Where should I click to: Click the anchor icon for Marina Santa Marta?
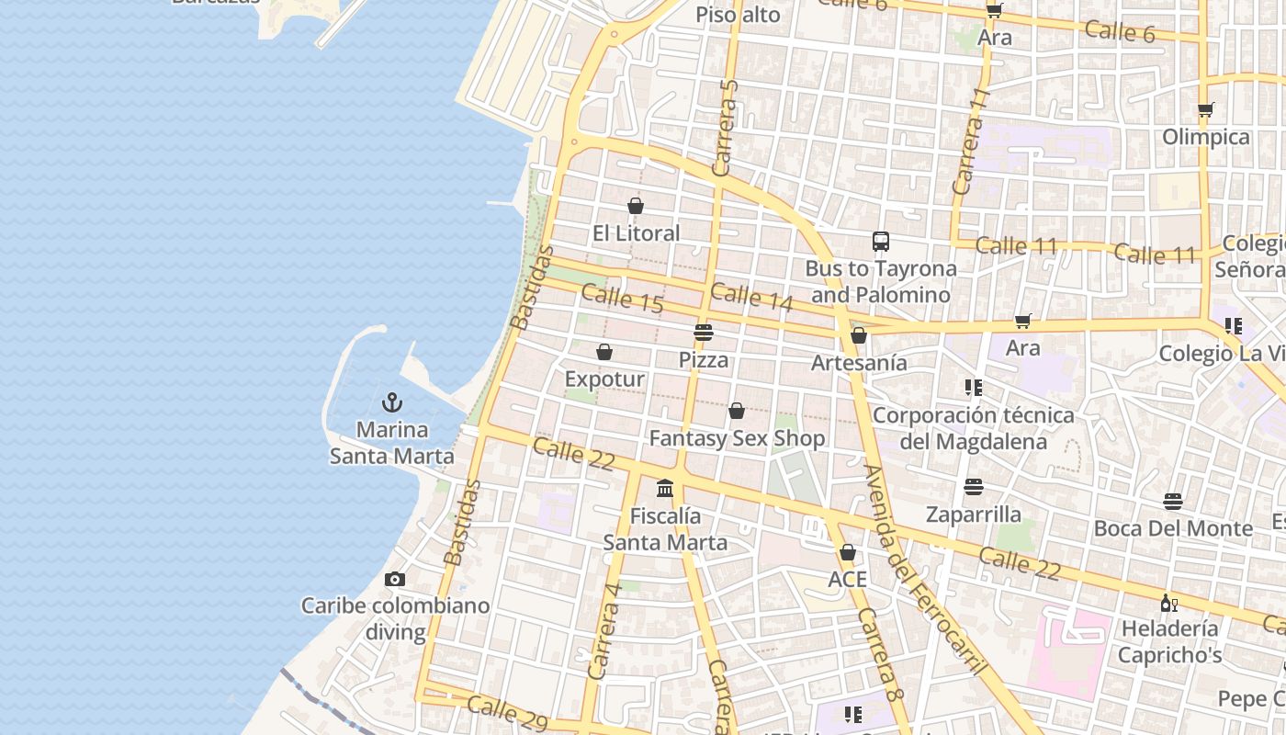pyautogui.click(x=392, y=402)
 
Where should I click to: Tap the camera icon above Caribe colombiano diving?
pyautogui.click(x=395, y=579)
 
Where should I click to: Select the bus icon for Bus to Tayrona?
pyautogui.click(x=880, y=242)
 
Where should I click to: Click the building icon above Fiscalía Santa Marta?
pyautogui.click(x=665, y=488)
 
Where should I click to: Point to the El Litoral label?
pyautogui.click(x=636, y=233)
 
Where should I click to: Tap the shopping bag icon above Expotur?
pyautogui.click(x=604, y=352)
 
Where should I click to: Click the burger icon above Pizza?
pyautogui.click(x=704, y=332)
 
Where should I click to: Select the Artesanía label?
pyautogui.click(x=859, y=363)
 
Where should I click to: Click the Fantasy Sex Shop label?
pyautogui.click(x=737, y=439)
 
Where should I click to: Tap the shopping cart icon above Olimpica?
pyautogui.click(x=1205, y=110)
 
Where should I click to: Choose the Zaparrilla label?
pyautogui.click(x=974, y=514)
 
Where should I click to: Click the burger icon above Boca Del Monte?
pyautogui.click(x=1172, y=502)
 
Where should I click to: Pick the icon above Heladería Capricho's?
pyautogui.click(x=1168, y=603)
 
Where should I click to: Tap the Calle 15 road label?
pyautogui.click(x=622, y=299)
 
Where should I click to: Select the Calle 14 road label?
pyautogui.click(x=750, y=297)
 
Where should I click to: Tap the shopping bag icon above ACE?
pyautogui.click(x=847, y=552)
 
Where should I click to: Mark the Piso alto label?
pyautogui.click(x=738, y=15)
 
